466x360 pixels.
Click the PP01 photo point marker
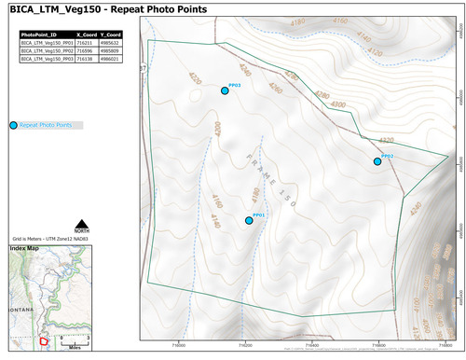(x=249, y=220)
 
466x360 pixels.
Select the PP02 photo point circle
(x=377, y=161)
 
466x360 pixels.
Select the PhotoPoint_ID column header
(x=45, y=35)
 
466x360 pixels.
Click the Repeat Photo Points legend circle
(x=13, y=125)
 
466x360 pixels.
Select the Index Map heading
(x=25, y=249)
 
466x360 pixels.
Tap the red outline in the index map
(x=43, y=341)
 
